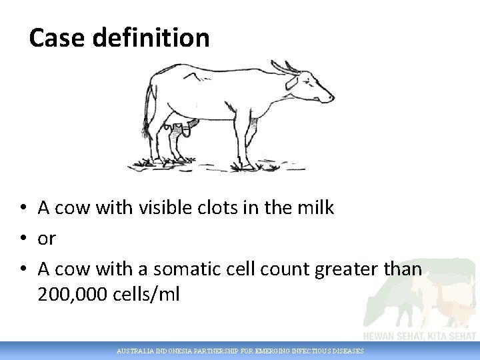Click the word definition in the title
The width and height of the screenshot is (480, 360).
pos(151,38)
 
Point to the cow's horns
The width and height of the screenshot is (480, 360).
pos(284,67)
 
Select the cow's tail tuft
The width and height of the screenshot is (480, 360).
pos(145,127)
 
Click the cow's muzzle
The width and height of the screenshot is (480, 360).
pos(327,98)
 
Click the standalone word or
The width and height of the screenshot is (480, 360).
pos(47,239)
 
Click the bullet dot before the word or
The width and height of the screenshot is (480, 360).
pos(23,239)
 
